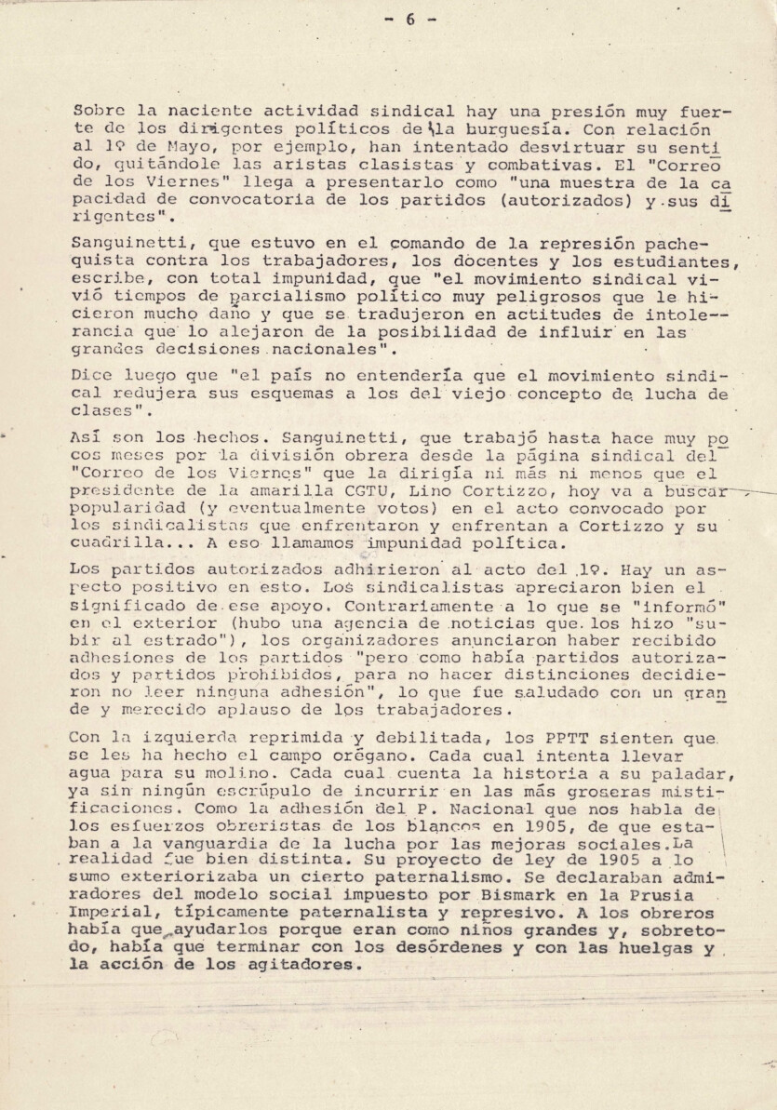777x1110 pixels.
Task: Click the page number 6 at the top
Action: point(409,19)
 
